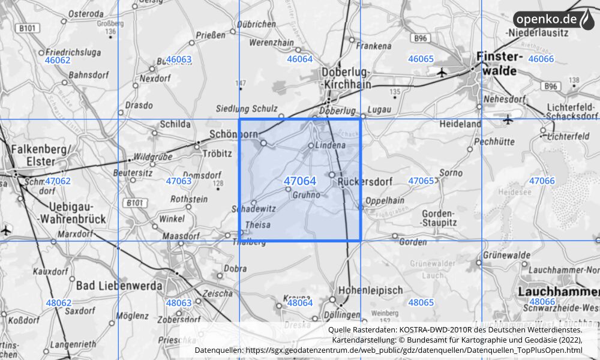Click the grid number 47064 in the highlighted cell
300,181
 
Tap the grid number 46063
178,59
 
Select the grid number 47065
421,181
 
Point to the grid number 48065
421,302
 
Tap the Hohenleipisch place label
370,289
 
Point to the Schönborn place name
233,133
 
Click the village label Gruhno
306,195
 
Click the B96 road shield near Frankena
422,38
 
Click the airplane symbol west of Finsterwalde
442,73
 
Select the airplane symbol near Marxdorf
7,230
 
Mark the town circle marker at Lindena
311,145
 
